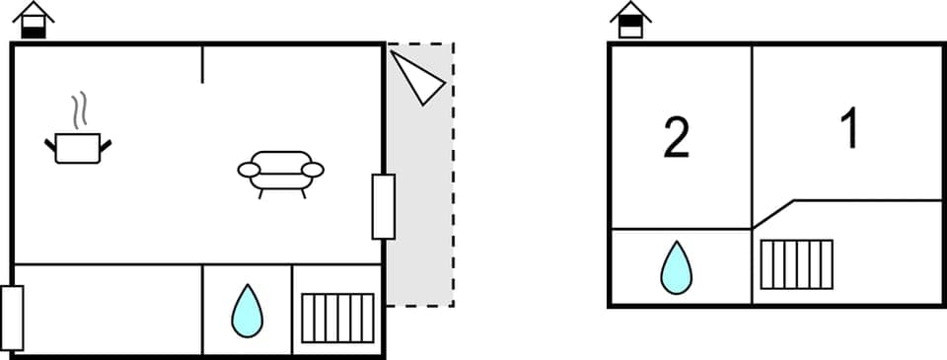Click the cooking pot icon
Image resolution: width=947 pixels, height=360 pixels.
coord(78,148)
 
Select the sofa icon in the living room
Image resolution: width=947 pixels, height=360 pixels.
coord(281,171)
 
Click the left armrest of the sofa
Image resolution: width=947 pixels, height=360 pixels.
coord(250,170)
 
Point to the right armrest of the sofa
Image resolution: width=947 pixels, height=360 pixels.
coord(313,170)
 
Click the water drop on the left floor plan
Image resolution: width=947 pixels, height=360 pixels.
coord(247,311)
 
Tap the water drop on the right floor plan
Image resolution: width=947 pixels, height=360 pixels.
coord(676,267)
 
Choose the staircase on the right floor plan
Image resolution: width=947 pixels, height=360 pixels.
coord(796,264)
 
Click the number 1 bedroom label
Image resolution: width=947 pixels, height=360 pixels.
coord(848,129)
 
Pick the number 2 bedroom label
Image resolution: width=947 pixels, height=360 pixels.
coord(676,139)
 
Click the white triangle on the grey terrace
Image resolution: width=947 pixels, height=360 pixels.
coord(418,76)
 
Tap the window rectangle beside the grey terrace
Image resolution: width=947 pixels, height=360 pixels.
coord(383,206)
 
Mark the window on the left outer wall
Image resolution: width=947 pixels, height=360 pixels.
coord(12,318)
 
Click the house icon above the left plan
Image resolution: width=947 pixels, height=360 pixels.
coord(35,20)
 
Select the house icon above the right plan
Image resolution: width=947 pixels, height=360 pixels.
coord(630,20)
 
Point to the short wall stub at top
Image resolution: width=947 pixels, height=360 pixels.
coord(202,63)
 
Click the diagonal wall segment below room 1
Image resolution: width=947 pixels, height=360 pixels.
coord(774,214)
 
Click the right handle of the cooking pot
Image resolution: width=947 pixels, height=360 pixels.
coord(106,146)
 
